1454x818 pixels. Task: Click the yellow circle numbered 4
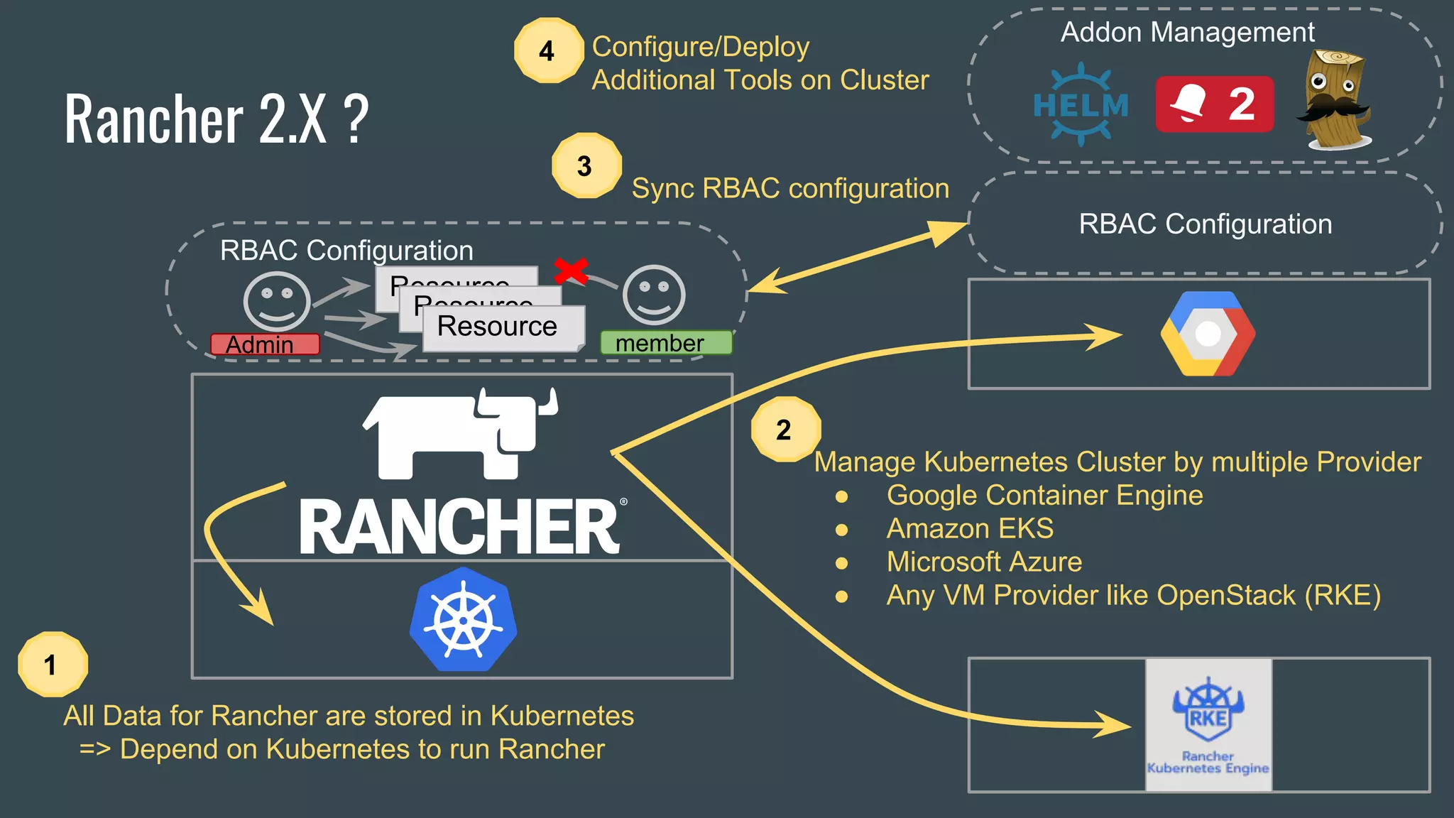(x=547, y=50)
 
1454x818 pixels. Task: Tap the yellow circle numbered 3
(x=586, y=165)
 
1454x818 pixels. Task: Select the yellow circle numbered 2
(x=785, y=429)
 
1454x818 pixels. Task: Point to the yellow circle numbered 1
(x=52, y=664)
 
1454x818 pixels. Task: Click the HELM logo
(x=1081, y=105)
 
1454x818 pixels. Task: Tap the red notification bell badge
(x=1214, y=104)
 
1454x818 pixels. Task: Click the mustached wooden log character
(x=1333, y=99)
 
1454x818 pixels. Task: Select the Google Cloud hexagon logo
(x=1208, y=334)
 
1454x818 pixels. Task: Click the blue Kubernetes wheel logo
(x=463, y=620)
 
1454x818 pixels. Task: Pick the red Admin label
(x=265, y=344)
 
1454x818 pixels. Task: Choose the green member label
(x=665, y=343)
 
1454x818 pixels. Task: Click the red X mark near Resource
(x=571, y=271)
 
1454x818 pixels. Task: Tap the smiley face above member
(x=653, y=295)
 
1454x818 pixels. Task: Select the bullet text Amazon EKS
(x=969, y=528)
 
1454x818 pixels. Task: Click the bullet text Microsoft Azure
(x=983, y=562)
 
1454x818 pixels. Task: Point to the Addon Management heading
(x=1187, y=32)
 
